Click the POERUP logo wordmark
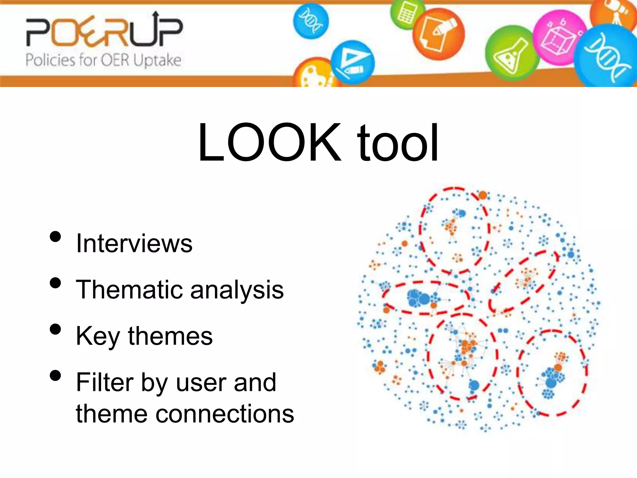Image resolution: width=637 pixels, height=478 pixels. click(x=104, y=31)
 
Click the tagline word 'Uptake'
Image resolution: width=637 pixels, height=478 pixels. click(x=157, y=60)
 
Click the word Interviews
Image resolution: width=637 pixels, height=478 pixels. click(x=134, y=243)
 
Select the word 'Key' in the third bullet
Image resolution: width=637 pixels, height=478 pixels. click(x=98, y=337)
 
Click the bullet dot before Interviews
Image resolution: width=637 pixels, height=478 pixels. click(x=55, y=237)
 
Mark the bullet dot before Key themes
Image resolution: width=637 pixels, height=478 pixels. click(x=55, y=329)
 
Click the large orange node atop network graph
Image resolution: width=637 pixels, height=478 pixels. click(x=482, y=195)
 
